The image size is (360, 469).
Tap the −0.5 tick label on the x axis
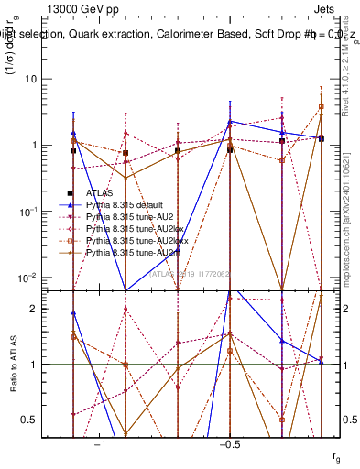tap(229, 444)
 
